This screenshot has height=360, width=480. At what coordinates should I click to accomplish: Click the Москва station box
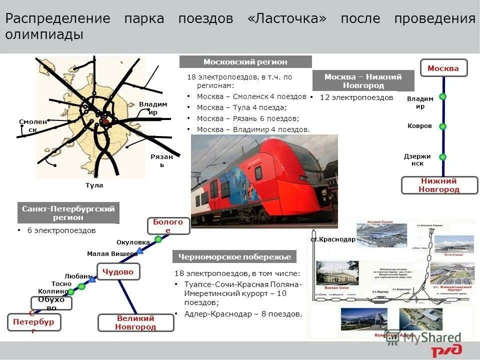click(443, 68)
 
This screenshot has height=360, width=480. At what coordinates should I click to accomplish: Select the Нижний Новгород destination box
click(439, 185)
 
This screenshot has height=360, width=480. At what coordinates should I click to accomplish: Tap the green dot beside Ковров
click(442, 126)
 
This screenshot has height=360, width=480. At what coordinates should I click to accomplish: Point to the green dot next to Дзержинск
click(442, 157)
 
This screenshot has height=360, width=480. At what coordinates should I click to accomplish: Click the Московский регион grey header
click(245, 62)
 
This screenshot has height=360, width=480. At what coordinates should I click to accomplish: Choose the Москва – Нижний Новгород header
click(363, 81)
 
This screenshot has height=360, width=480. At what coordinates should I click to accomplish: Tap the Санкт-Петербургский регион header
click(68, 213)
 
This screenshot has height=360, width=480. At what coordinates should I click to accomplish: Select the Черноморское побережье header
click(234, 257)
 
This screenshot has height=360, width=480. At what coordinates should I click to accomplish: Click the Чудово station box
click(118, 271)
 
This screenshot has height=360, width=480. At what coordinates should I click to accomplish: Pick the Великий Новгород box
click(135, 323)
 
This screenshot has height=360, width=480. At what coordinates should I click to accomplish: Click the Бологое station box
click(168, 226)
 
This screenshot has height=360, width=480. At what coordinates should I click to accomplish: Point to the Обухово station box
click(51, 303)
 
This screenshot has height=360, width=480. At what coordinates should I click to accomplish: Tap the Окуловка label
click(133, 242)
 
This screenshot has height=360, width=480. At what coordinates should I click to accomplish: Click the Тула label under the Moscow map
click(94, 185)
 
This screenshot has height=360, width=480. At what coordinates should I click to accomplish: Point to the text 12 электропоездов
click(356, 97)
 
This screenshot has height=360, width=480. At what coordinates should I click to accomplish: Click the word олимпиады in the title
click(44, 34)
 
